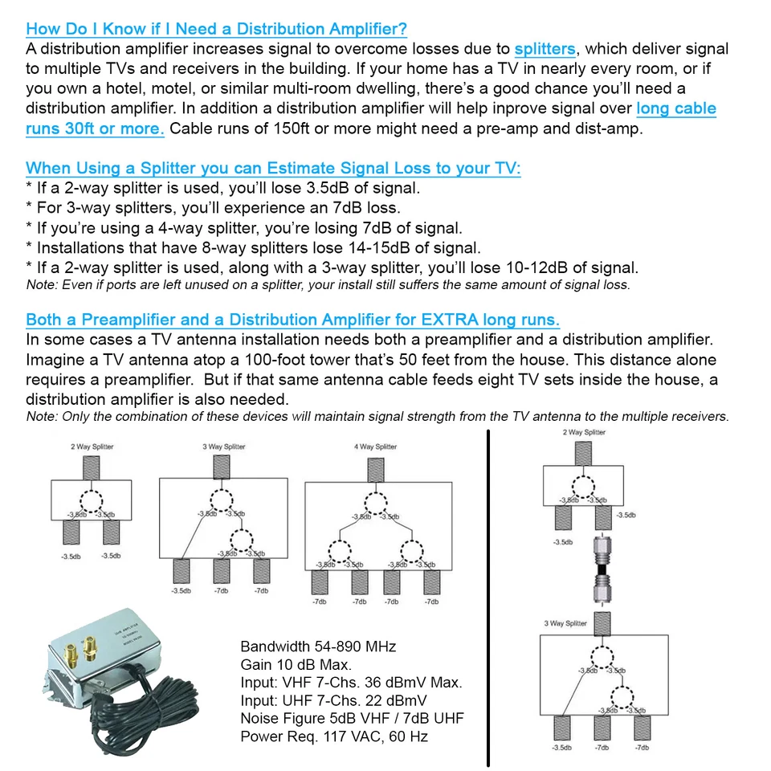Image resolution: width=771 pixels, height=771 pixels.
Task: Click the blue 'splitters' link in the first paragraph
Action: [545, 49]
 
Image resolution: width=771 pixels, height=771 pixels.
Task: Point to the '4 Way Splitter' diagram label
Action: [375, 447]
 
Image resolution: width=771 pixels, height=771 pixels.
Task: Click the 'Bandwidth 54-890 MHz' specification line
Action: [318, 647]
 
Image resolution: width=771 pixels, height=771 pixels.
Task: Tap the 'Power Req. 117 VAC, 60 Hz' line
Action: [333, 736]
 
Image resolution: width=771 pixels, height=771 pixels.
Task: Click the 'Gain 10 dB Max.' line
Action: [296, 665]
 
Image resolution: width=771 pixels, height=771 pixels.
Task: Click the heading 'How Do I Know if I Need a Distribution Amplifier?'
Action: [216, 29]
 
